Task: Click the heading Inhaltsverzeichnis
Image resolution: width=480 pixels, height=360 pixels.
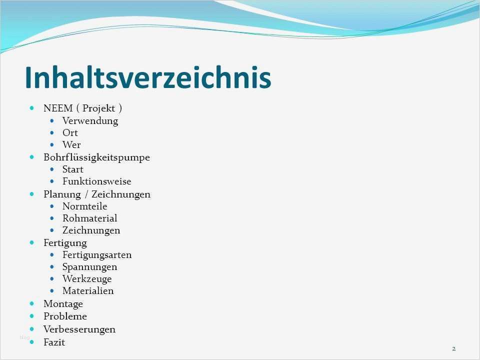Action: click(x=148, y=77)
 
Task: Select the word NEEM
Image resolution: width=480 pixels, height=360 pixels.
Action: click(x=58, y=108)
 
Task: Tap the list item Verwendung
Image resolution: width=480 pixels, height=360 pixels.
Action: click(x=90, y=121)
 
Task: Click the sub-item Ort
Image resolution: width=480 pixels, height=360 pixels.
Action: click(x=70, y=133)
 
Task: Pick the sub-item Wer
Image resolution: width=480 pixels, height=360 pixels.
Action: click(x=71, y=145)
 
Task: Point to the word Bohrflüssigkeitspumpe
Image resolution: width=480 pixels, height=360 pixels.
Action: click(x=96, y=157)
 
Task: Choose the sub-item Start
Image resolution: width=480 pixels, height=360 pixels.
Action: click(x=73, y=169)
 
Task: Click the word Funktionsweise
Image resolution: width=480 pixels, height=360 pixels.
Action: click(x=96, y=181)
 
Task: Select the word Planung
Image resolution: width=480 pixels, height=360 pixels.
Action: click(x=62, y=194)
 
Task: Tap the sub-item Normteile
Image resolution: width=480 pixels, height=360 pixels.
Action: click(x=85, y=206)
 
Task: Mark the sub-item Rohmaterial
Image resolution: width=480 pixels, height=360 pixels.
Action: click(x=89, y=218)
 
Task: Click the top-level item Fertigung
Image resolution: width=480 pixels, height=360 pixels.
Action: click(x=65, y=243)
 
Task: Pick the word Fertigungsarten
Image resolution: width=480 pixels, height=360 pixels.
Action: click(x=97, y=255)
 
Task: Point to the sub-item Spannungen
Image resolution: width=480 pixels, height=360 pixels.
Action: click(x=89, y=267)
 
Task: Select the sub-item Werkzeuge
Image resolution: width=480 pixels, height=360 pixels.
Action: click(x=87, y=279)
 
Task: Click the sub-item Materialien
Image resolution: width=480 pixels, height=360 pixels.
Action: click(x=88, y=291)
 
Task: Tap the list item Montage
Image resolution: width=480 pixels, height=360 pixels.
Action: click(x=63, y=304)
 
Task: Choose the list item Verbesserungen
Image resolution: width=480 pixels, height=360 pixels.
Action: click(x=79, y=329)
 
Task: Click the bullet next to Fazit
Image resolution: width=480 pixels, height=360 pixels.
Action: click(x=32, y=342)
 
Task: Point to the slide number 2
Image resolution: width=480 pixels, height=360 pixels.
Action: click(x=453, y=348)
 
